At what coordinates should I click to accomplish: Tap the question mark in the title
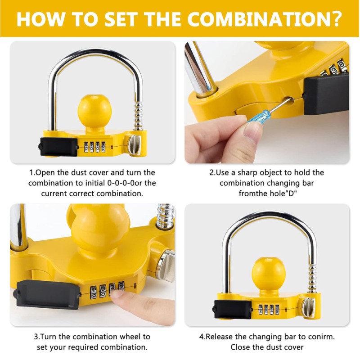[336, 18]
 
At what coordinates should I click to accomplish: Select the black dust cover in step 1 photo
[59, 147]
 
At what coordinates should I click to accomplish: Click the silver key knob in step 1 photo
[134, 145]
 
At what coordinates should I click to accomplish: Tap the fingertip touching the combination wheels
[117, 293]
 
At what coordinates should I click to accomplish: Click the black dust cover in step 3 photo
[48, 294]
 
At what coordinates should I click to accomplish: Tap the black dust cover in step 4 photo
[232, 309]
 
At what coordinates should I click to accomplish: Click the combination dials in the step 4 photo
[269, 310]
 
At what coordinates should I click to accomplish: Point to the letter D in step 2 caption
[291, 193]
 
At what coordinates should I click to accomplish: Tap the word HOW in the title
[40, 19]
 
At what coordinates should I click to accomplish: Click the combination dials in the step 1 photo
[94, 147]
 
